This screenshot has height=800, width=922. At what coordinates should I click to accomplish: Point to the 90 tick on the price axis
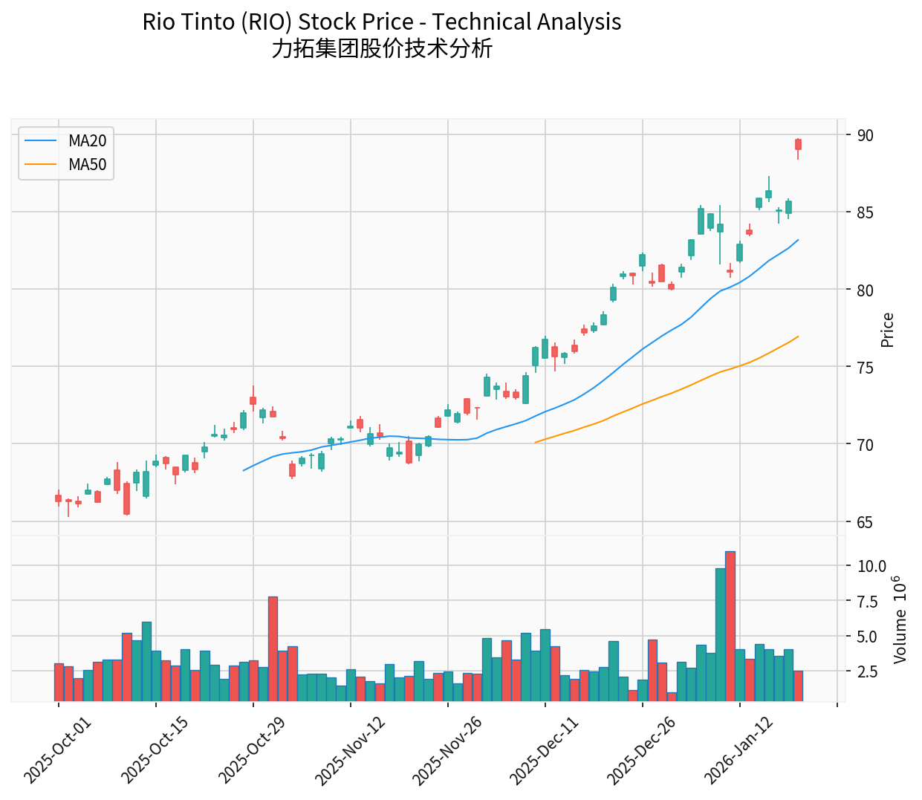tap(865, 135)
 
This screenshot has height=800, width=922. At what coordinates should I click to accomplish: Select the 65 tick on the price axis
tap(865, 522)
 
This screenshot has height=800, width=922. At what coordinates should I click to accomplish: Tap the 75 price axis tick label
tap(865, 368)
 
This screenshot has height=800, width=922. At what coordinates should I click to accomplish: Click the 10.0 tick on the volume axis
tap(871, 566)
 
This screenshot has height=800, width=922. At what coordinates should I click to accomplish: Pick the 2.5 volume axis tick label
tap(868, 671)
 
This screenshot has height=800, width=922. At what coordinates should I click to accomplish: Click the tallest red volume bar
tap(730, 626)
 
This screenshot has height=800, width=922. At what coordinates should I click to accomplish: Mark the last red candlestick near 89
tap(798, 144)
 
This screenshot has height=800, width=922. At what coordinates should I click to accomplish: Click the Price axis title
tap(887, 330)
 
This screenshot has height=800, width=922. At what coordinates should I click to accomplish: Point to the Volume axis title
tap(900, 619)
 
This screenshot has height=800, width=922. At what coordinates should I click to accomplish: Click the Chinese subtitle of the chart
tap(382, 49)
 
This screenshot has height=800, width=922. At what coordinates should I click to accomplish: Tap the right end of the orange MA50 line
tap(798, 336)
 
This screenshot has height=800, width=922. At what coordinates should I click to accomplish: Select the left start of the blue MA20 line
tap(244, 470)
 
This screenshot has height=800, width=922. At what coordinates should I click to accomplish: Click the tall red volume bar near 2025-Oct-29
tap(273, 648)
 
